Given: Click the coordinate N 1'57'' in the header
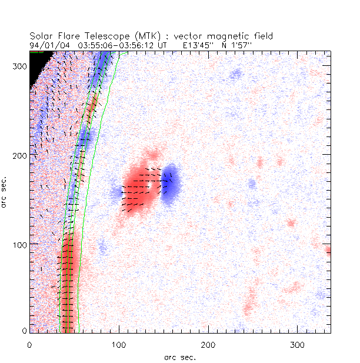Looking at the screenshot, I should (237, 45).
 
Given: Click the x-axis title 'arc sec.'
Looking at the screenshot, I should (179, 357).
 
